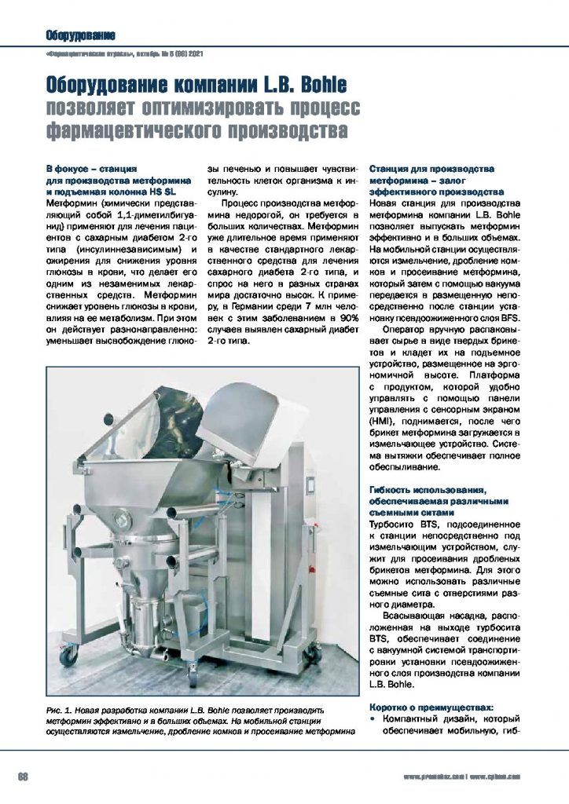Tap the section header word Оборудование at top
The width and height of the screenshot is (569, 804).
pyautogui.click(x=81, y=35)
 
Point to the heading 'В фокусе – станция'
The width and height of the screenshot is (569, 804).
pyautogui.click(x=92, y=169)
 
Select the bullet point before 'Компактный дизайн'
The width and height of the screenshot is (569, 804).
pyautogui.click(x=373, y=719)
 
